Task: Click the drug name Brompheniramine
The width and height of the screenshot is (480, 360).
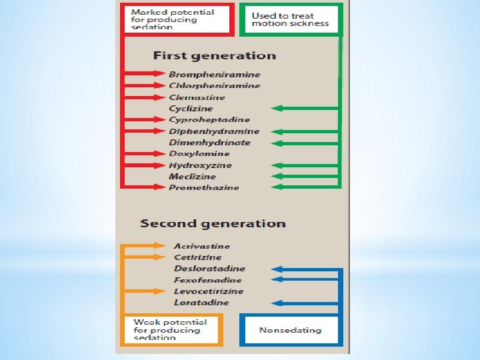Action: (214, 75)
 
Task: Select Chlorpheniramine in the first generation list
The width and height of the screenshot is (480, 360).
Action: (214, 86)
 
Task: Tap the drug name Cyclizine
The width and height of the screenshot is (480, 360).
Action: (191, 109)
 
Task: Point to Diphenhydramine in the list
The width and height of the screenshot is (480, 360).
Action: (214, 131)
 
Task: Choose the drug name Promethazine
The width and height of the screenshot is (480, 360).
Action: (203, 188)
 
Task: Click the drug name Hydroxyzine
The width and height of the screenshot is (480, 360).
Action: (200, 165)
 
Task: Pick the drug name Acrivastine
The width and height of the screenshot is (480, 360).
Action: (203, 246)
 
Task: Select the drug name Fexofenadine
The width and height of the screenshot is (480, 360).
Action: (208, 280)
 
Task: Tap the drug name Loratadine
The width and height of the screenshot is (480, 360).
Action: (201, 303)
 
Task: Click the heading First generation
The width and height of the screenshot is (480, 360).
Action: (214, 56)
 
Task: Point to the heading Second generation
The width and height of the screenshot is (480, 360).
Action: (213, 224)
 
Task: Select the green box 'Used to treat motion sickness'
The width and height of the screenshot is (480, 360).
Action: (293, 19)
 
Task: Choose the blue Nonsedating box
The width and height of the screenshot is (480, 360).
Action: (290, 330)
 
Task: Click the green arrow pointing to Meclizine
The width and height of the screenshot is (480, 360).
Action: (303, 177)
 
